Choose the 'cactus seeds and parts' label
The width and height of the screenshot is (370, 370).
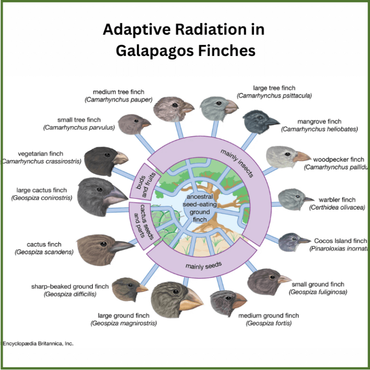pos(140,223)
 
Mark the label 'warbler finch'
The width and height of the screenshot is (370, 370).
pos(337,199)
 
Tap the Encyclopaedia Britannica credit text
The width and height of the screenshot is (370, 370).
pos(38,344)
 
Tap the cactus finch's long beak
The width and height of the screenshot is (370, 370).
pos(121,247)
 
